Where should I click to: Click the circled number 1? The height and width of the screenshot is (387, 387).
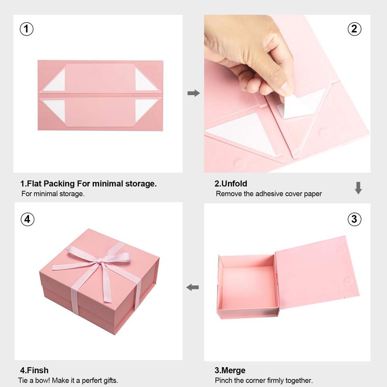pos(27,29)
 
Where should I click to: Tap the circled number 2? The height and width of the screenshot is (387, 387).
pos(354,29)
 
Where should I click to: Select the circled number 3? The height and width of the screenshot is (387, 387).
pos(354,219)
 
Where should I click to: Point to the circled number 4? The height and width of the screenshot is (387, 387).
pos(27,219)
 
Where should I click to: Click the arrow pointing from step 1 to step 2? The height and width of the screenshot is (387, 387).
pos(194,93)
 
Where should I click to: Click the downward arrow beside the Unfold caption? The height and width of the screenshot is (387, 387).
pos(358,188)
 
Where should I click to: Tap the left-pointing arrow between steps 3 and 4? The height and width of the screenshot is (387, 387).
pos(193,287)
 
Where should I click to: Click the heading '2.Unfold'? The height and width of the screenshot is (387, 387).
pos(231,184)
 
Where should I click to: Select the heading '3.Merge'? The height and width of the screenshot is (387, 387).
pos(230,370)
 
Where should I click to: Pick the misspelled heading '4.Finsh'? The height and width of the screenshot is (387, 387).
pos(34,370)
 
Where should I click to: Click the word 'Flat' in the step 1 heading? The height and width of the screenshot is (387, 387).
pos(34,184)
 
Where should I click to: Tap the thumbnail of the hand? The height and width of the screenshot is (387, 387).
pos(286,86)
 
